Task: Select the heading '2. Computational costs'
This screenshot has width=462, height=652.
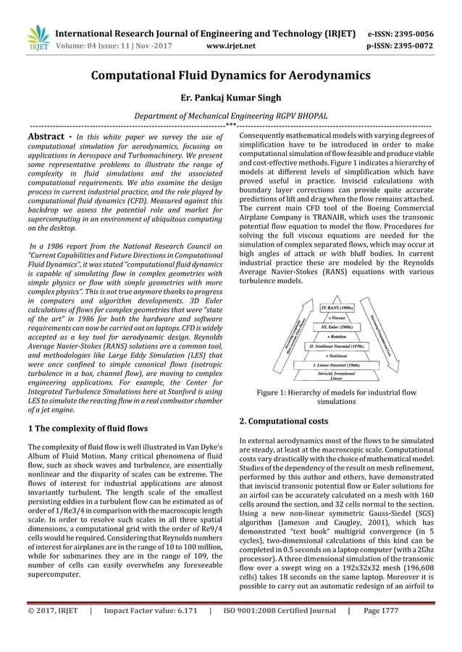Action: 284,420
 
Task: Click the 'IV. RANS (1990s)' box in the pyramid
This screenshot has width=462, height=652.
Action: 337,308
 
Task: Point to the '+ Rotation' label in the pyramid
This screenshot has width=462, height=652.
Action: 337,337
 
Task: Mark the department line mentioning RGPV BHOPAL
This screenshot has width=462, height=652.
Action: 231,116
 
